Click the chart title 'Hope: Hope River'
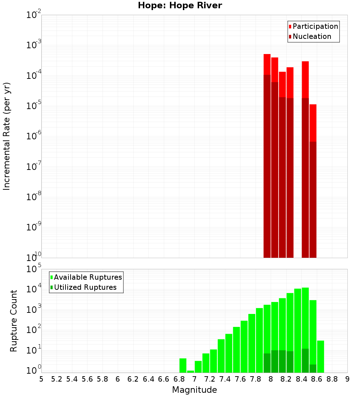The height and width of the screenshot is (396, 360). pyautogui.click(x=180, y=6)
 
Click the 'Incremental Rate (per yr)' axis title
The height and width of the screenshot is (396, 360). pyautogui.click(x=7, y=136)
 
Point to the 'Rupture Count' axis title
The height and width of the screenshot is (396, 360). pyautogui.click(x=14, y=321)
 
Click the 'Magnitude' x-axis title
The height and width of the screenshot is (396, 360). pyautogui.click(x=194, y=390)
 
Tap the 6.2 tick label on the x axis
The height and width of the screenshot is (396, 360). pyautogui.click(x=133, y=379)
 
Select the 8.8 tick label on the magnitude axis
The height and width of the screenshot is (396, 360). pyautogui.click(x=332, y=379)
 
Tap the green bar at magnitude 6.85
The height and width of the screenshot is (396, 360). pyautogui.click(x=183, y=365)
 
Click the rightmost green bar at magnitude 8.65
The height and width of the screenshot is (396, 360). pyautogui.click(x=320, y=356)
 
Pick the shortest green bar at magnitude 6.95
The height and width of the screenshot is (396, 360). pyautogui.click(x=190, y=372)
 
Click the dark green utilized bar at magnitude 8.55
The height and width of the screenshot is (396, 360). pyautogui.click(x=313, y=369)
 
